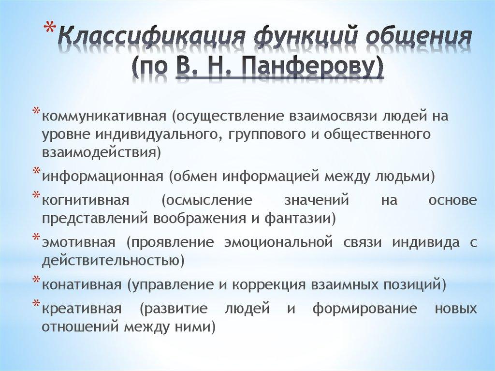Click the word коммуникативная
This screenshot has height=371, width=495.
(104, 117)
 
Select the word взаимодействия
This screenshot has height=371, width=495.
(99, 153)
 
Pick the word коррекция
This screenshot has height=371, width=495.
(267, 284)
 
